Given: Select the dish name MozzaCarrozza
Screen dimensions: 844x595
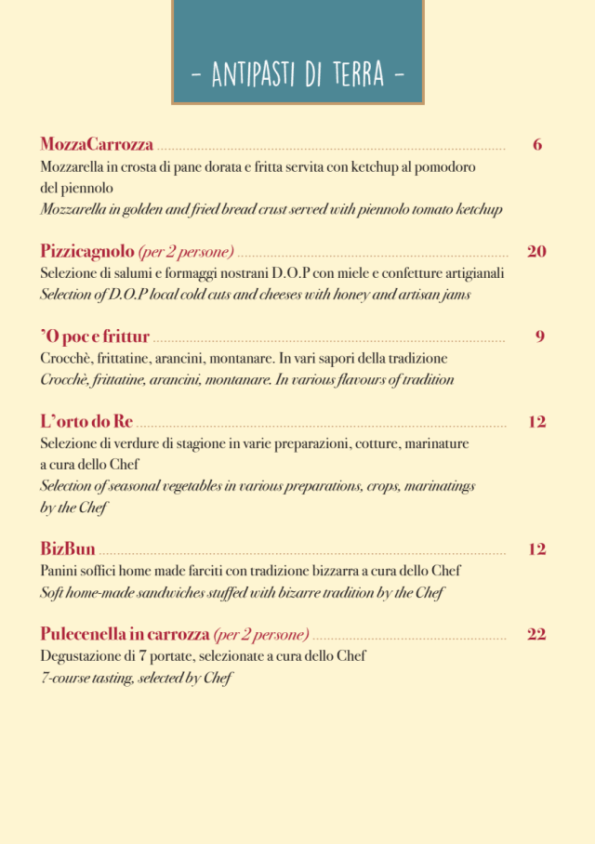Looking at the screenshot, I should point(97,145).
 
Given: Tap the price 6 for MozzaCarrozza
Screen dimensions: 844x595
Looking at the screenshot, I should point(537,145).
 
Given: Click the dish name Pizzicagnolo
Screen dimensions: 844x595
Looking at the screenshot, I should point(87,251).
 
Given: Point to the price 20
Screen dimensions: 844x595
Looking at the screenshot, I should point(536,251).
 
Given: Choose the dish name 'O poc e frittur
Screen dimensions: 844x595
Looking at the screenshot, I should point(95,336).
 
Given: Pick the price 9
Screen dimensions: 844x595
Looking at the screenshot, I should point(539,336).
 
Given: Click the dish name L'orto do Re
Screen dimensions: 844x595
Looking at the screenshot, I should point(86,422).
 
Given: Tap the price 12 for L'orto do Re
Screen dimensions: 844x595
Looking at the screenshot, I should point(536,422).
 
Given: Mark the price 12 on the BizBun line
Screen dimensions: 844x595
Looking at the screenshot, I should point(536,549).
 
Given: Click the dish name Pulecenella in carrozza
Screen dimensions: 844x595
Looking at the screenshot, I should point(125,635).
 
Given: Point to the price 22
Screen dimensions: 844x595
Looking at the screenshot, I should point(536,635).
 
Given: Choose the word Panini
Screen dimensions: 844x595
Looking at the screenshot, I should point(59,571).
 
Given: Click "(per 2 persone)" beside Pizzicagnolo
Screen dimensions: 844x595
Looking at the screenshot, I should point(186,252).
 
